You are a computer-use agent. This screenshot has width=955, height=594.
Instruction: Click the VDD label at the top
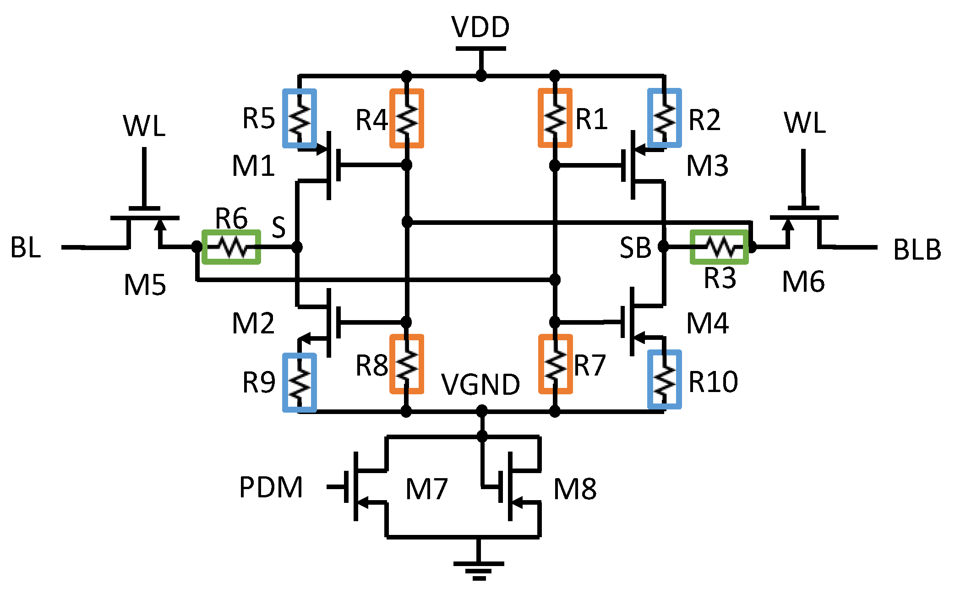[480, 27]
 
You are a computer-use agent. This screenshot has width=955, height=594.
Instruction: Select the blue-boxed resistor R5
[299, 118]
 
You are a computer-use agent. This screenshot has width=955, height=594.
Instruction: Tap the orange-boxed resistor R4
[406, 118]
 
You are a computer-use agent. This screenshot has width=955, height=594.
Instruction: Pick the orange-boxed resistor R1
[555, 118]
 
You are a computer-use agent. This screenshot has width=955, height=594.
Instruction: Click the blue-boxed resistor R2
[664, 118]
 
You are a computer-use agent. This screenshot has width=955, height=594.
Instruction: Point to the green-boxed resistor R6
[231, 247]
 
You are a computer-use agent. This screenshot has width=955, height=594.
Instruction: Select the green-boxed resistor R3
[719, 247]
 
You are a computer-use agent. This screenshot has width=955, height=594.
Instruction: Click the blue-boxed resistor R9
[299, 382]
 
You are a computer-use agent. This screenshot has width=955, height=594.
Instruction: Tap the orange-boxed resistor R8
[406, 364]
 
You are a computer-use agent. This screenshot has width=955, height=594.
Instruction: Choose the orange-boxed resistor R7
[555, 364]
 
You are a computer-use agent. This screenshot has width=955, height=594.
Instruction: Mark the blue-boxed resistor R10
[664, 379]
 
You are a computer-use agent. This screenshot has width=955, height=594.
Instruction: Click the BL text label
[26, 248]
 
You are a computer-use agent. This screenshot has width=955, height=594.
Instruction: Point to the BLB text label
[917, 250]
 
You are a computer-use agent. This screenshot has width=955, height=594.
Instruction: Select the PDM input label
[271, 487]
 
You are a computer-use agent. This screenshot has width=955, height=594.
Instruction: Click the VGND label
[480, 384]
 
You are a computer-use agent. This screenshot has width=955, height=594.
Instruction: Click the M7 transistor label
[426, 489]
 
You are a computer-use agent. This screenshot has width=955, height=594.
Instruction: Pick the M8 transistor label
[575, 489]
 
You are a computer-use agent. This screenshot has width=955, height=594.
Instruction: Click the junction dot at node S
[297, 247]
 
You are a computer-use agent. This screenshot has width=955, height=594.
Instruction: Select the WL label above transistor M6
[804, 123]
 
